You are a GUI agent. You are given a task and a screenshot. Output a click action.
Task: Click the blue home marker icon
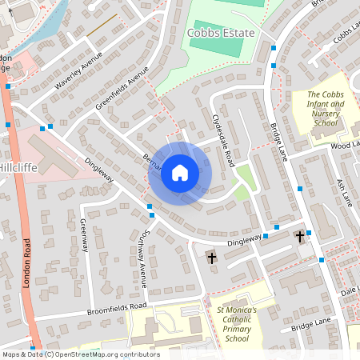click(180, 173)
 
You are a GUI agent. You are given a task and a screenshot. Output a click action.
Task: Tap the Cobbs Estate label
click(220, 33)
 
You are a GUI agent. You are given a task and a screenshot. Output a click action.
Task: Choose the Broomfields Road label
click(118, 306)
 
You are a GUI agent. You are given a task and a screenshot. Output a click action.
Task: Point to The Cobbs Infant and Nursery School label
click(326, 110)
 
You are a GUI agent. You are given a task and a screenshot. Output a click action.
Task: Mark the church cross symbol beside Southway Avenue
click(212, 257)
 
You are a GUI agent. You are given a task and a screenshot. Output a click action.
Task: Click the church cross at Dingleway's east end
click(300, 237)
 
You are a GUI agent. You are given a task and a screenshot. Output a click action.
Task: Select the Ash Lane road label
click(343, 191)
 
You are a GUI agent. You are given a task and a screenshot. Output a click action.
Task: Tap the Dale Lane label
click(349, 293)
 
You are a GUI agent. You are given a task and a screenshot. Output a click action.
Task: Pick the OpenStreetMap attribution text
click(81, 354)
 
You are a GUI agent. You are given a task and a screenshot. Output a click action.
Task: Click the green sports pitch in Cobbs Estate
click(214, 48)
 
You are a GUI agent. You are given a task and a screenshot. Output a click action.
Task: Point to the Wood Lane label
click(346, 144)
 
